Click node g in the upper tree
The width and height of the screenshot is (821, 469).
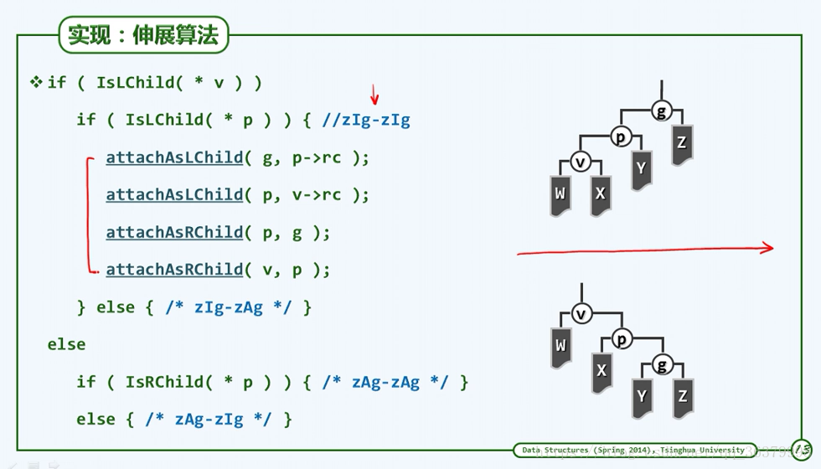click(x=662, y=111)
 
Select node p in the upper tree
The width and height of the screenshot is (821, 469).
click(x=621, y=137)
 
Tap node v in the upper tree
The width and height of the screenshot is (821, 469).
click(x=580, y=162)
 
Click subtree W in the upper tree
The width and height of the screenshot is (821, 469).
click(x=560, y=194)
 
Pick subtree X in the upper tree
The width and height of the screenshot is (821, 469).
click(x=600, y=194)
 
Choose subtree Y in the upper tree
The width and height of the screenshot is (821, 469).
click(x=641, y=169)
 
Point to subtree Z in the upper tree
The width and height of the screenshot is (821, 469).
click(x=682, y=143)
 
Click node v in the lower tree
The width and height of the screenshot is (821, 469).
click(x=581, y=314)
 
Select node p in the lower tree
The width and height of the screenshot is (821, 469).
click(x=622, y=339)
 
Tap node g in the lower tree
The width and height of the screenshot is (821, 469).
click(x=662, y=365)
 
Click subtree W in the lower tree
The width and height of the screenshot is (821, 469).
click(x=560, y=346)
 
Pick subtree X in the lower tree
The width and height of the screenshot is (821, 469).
click(x=602, y=371)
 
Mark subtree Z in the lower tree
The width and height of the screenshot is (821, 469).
click(x=683, y=397)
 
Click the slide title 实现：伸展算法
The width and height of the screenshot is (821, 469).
click(x=142, y=35)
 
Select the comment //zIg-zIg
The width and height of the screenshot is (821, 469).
click(x=366, y=120)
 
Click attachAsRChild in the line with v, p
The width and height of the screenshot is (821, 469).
click(x=174, y=270)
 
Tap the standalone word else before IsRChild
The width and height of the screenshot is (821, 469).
click(x=66, y=344)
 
